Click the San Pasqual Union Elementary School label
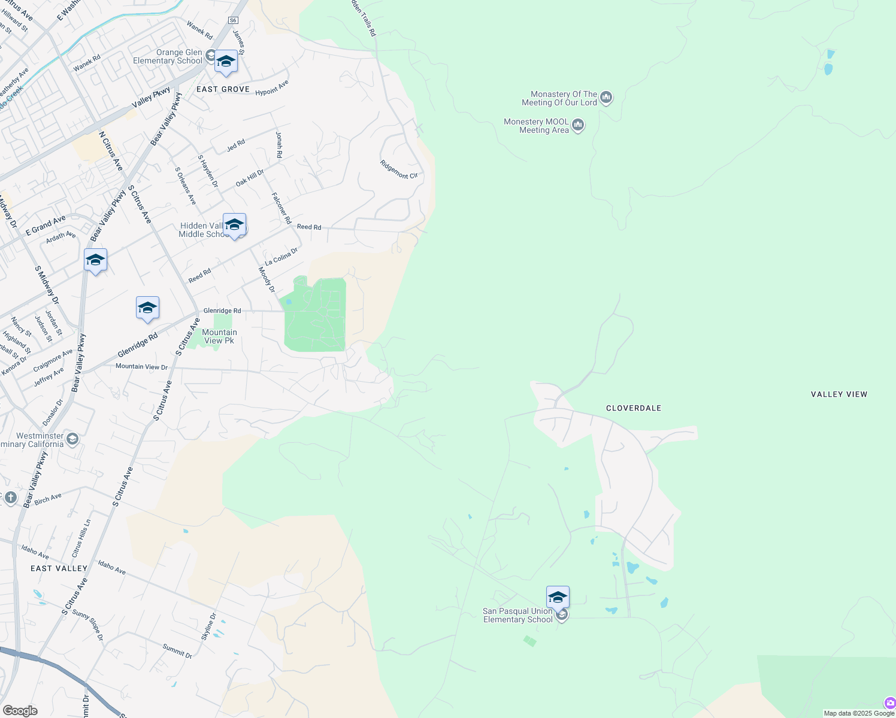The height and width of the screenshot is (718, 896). [517, 615]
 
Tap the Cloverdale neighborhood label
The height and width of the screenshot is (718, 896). [634, 408]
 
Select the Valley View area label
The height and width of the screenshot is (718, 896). [839, 394]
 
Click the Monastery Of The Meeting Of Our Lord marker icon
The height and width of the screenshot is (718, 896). [606, 98]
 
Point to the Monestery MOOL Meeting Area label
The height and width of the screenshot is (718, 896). [536, 126]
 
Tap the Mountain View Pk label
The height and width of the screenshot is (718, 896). [219, 336]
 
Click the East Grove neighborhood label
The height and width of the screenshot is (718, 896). [223, 89]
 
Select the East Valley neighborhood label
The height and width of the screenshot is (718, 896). [59, 568]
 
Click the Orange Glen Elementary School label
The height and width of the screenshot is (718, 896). [168, 56]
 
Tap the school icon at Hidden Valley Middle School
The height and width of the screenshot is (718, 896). [234, 226]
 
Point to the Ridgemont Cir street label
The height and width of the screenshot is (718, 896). [399, 169]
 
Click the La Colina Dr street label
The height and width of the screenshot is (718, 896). [281, 257]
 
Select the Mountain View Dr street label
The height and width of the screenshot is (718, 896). [141, 367]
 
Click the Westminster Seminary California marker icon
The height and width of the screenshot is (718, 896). [72, 440]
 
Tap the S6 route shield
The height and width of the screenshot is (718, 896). [233, 20]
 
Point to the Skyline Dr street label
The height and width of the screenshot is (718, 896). [208, 626]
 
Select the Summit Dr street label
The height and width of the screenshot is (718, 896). [177, 651]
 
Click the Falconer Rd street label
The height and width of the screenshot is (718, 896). [281, 208]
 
